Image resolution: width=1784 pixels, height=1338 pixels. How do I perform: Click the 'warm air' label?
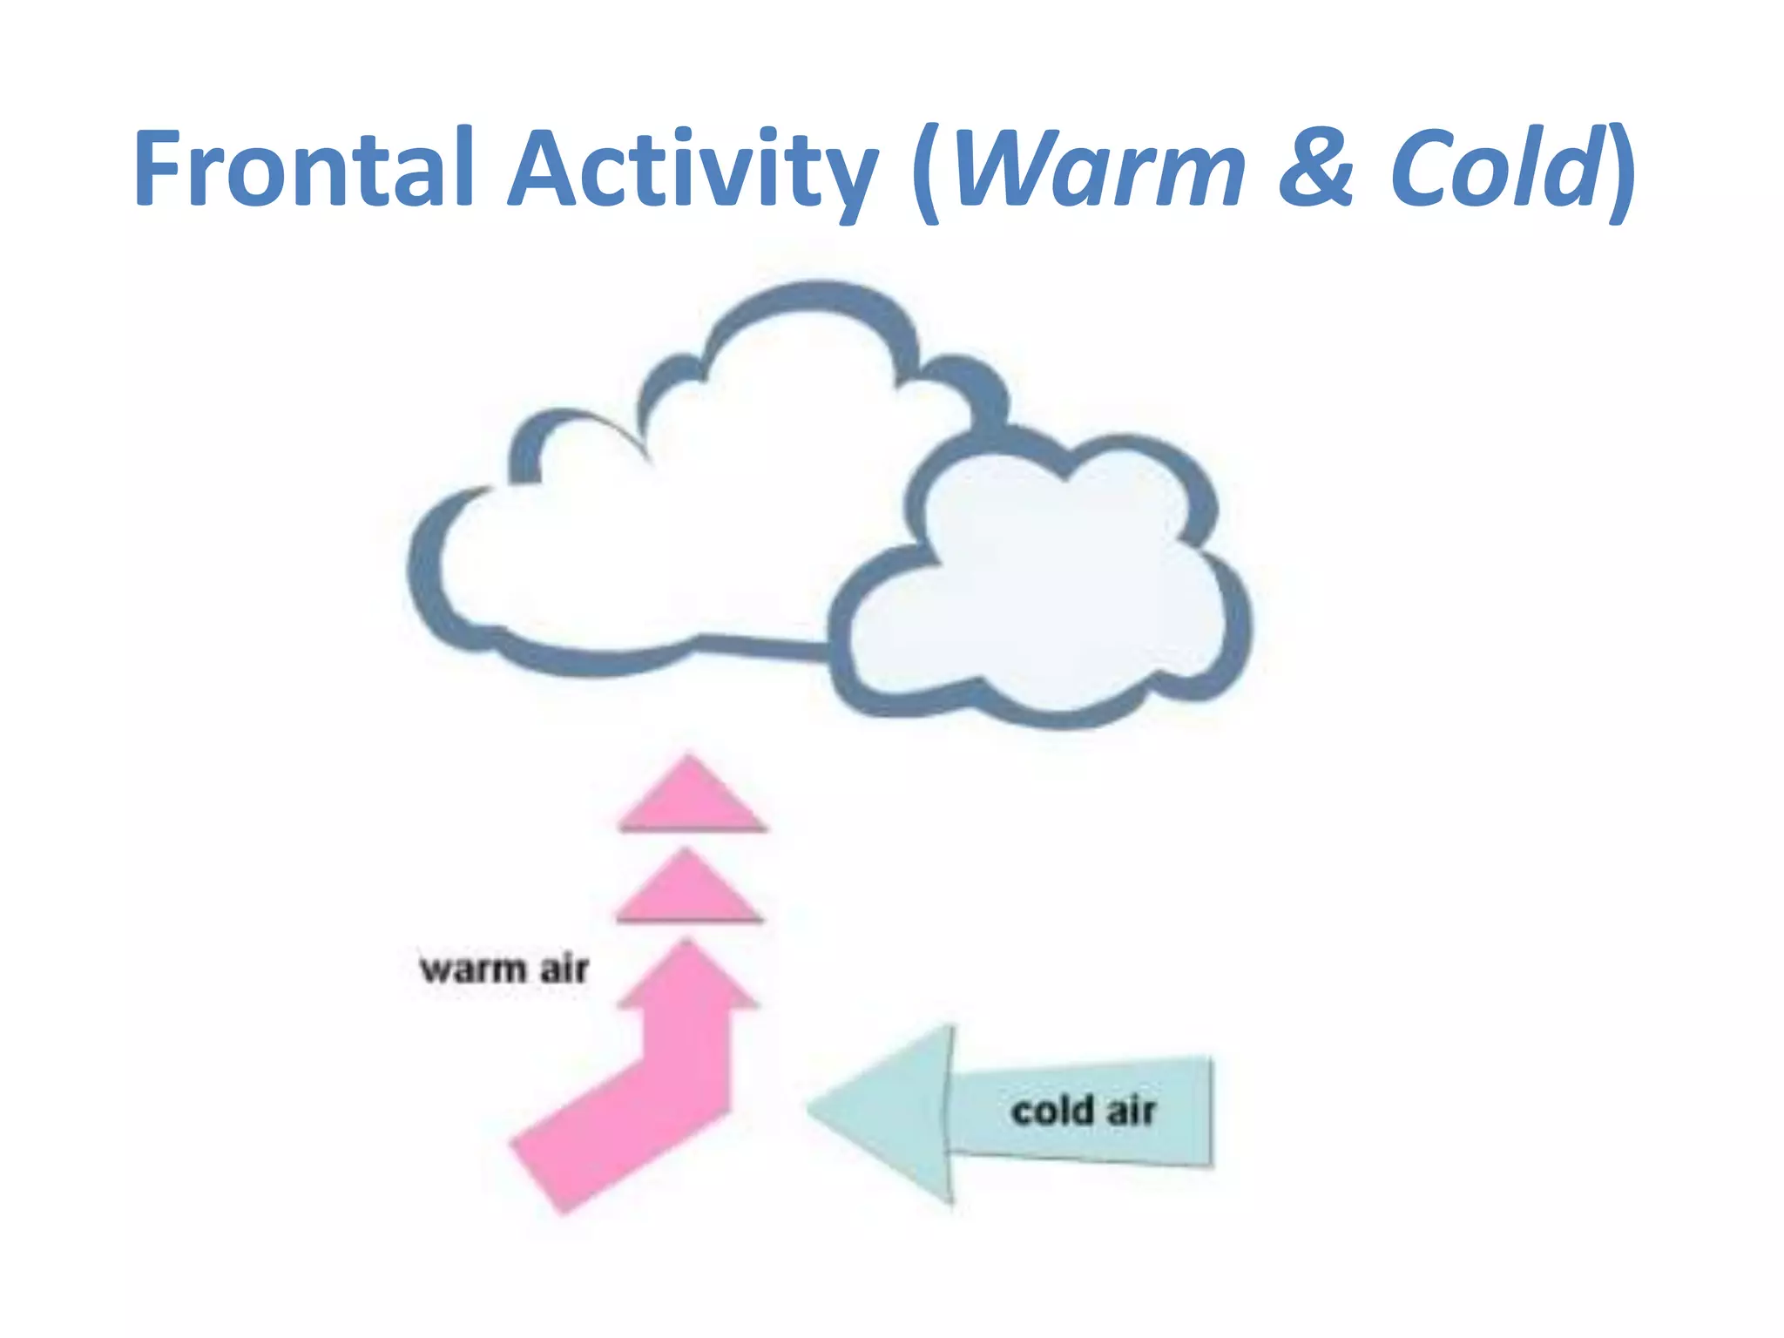click(x=503, y=969)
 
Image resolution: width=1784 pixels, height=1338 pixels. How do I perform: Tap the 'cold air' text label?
click(x=1083, y=1111)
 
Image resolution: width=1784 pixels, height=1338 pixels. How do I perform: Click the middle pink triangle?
click(x=690, y=889)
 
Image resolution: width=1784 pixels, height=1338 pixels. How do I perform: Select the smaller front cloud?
click(x=1045, y=592)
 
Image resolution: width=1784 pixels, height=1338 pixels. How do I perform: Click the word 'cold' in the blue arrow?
click(x=1052, y=1111)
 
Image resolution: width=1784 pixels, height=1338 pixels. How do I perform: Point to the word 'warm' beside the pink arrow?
click(x=473, y=970)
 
